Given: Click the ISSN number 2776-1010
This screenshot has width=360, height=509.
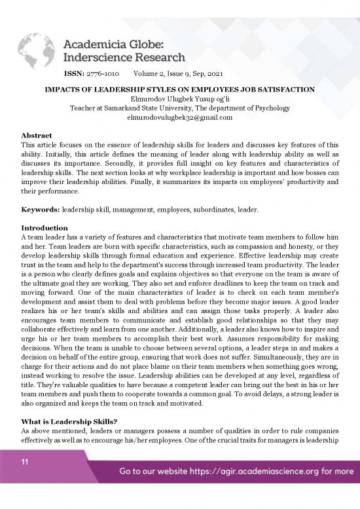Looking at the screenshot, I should click(x=103, y=74).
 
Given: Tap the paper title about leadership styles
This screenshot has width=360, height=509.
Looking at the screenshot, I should click(x=180, y=88).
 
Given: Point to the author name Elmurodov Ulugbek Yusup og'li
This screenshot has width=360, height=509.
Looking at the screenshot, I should click(x=180, y=98).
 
